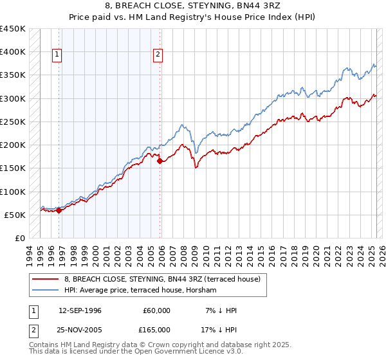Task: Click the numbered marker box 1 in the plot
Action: click(57, 55)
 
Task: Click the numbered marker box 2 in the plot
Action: click(158, 55)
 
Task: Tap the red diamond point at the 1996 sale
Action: click(59, 210)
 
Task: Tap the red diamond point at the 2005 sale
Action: click(160, 161)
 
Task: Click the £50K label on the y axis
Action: click(15, 215)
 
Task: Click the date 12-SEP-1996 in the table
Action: click(80, 310)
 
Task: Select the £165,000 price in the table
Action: click(156, 330)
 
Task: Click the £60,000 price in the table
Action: click(156, 310)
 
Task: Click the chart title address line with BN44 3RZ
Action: click(192, 7)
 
